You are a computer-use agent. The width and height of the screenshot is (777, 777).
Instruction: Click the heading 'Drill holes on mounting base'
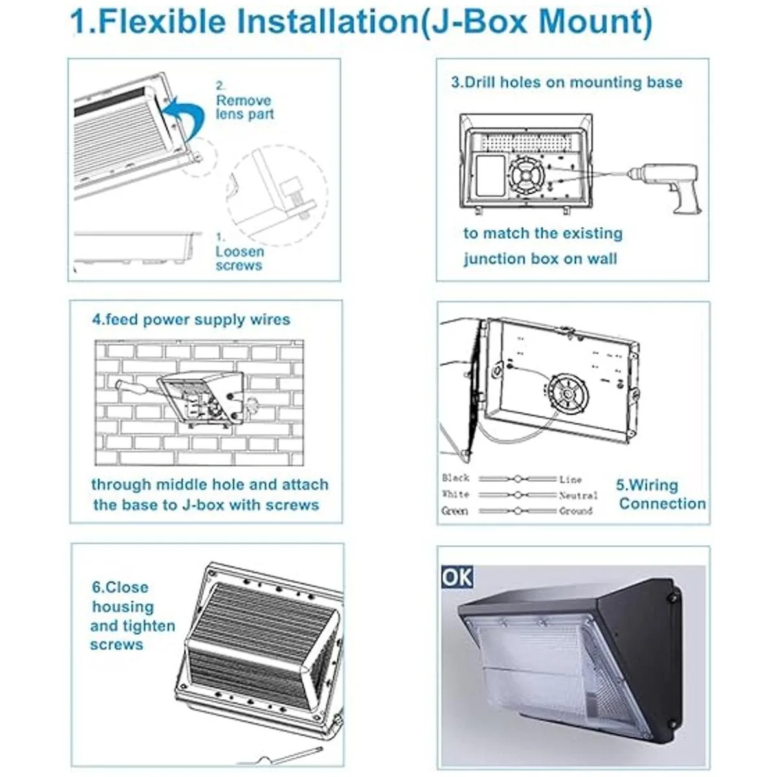(x=567, y=82)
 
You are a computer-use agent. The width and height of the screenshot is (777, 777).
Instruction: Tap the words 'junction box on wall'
(x=540, y=259)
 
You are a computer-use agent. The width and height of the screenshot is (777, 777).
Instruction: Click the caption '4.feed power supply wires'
(x=191, y=319)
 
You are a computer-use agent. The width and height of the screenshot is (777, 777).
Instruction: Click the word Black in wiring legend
(x=455, y=479)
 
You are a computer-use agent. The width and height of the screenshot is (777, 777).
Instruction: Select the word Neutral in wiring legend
(x=578, y=495)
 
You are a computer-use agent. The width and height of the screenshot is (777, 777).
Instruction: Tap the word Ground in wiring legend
(x=576, y=512)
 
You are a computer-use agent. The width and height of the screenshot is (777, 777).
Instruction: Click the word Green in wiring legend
(x=455, y=512)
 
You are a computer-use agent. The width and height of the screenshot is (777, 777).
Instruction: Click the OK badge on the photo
(x=457, y=576)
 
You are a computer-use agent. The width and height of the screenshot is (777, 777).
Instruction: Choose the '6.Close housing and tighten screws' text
(x=132, y=616)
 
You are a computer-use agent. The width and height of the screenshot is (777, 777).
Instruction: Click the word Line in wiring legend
(x=570, y=479)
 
